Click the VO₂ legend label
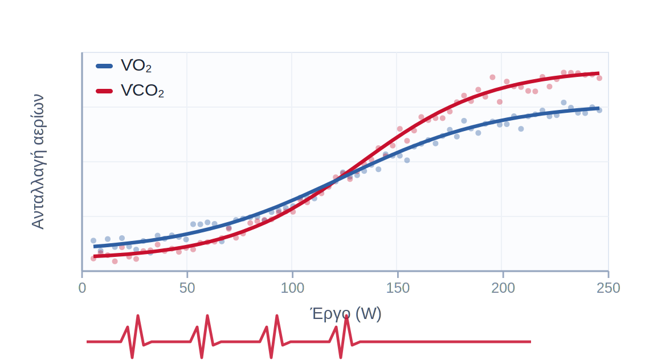(x=136, y=66)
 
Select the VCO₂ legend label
(x=142, y=91)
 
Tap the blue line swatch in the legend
(x=104, y=66)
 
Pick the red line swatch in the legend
(x=104, y=91)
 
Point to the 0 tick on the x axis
(x=82, y=288)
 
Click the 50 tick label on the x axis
(x=187, y=288)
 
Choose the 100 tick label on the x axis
(x=292, y=288)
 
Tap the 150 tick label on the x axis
(x=398, y=288)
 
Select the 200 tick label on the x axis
(x=503, y=288)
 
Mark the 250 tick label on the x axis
(x=609, y=288)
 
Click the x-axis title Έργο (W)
(x=345, y=314)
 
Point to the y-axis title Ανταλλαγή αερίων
(x=38, y=162)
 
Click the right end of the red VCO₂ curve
(x=598, y=73)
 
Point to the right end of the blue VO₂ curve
(x=598, y=108)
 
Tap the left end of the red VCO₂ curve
(x=95, y=256)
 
